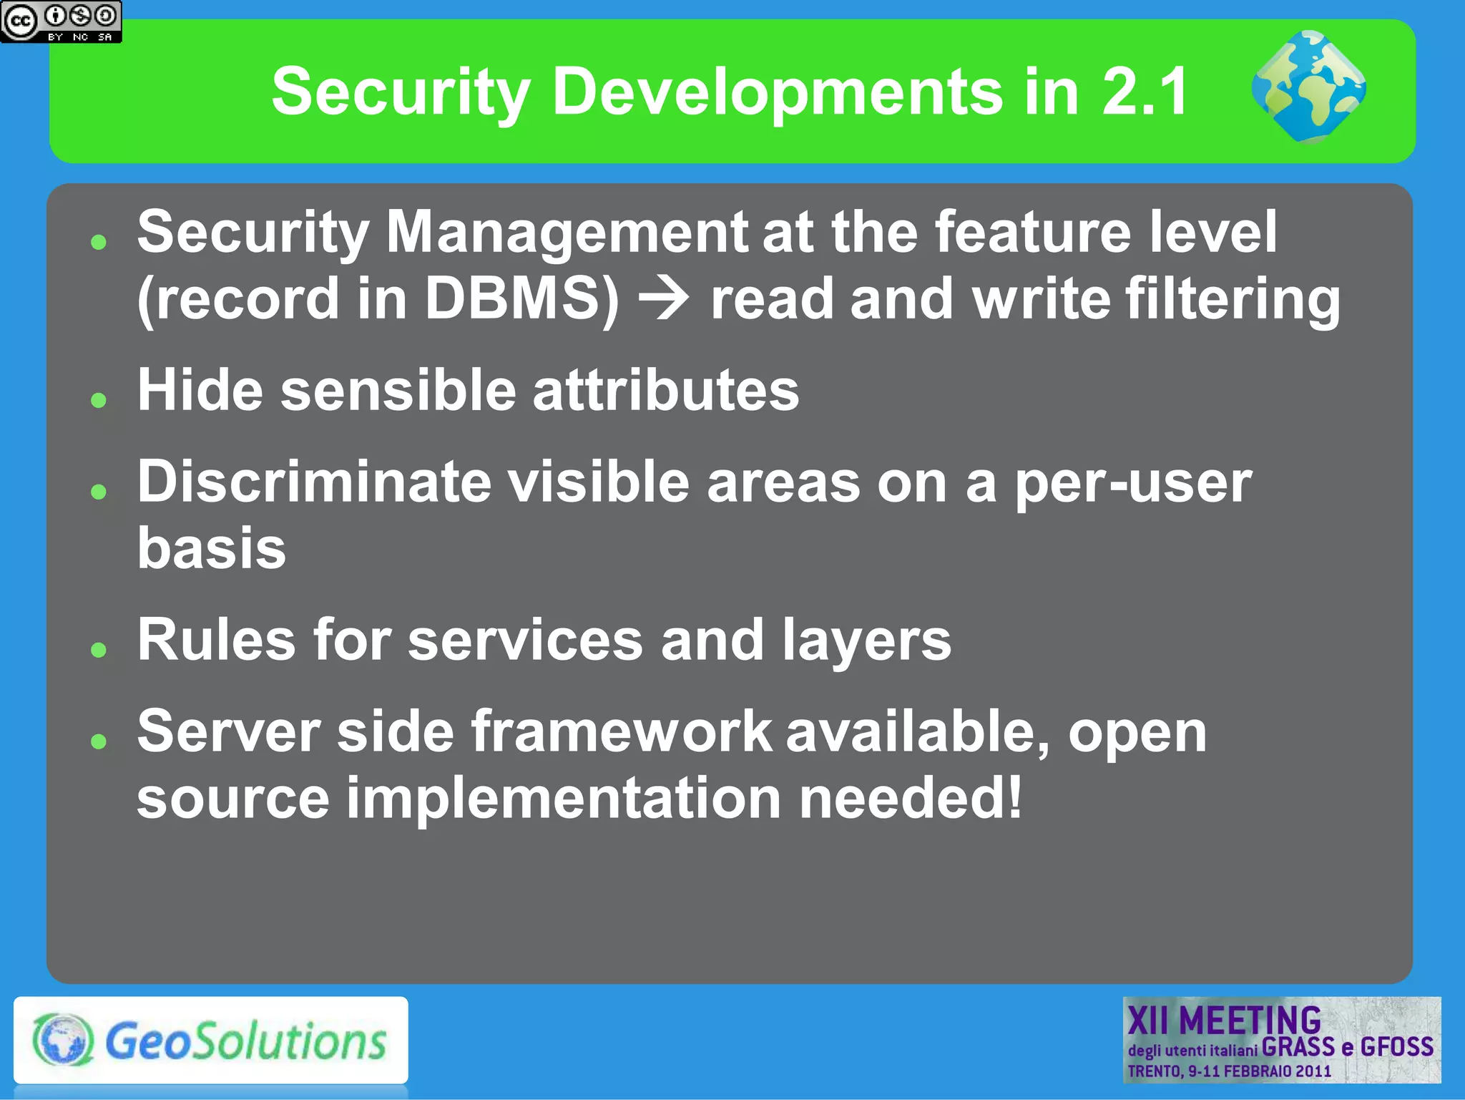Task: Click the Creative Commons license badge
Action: pyautogui.click(x=61, y=21)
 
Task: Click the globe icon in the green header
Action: pyautogui.click(x=1308, y=87)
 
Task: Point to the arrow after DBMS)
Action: pyautogui.click(x=664, y=298)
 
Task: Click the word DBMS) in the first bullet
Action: pyautogui.click(x=521, y=298)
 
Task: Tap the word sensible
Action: pyautogui.click(x=398, y=391)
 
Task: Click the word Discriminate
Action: pyautogui.click(x=314, y=482)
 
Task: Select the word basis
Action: pyautogui.click(x=212, y=548)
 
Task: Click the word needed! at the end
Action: pyautogui.click(x=911, y=798)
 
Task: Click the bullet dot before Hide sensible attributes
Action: pyautogui.click(x=99, y=399)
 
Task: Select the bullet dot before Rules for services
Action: pyautogui.click(x=99, y=649)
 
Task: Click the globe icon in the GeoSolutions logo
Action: pyautogui.click(x=63, y=1039)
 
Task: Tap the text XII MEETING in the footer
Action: pyautogui.click(x=1224, y=1020)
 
